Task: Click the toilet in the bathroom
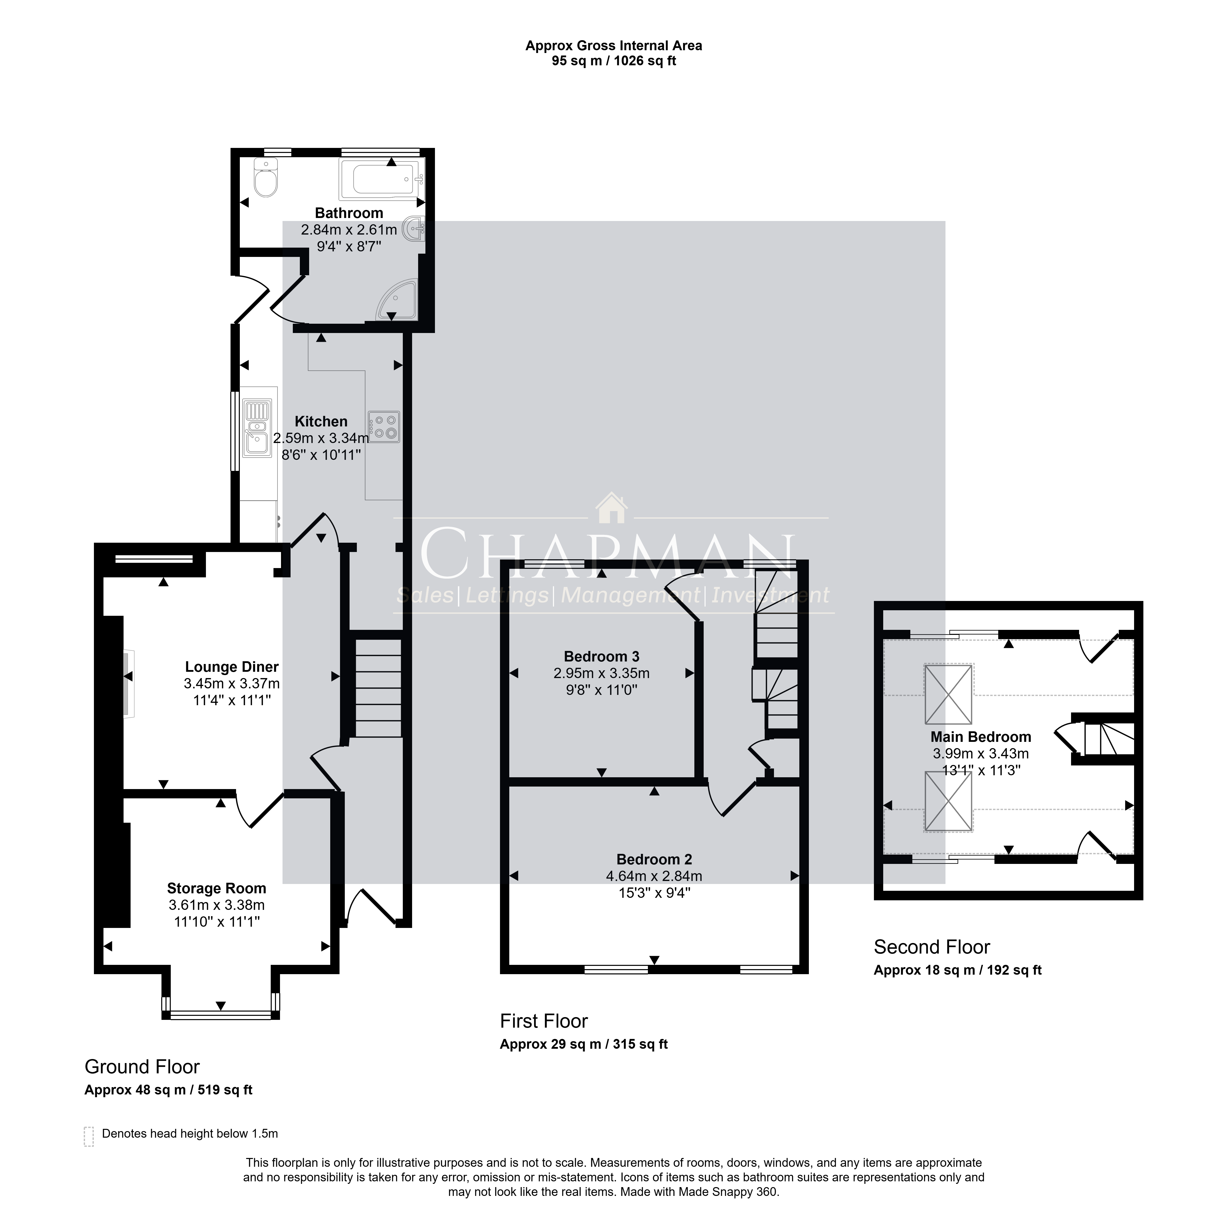266,178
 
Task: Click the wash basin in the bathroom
416,229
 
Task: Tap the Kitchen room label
321,421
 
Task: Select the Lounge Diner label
232,667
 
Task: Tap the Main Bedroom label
981,737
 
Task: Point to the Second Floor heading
932,947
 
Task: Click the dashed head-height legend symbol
89,1137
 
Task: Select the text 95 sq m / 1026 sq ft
614,61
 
